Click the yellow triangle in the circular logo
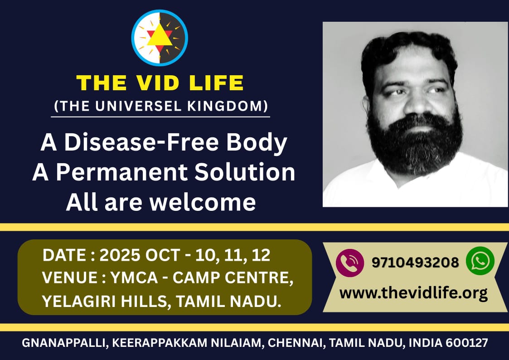tap(160, 36)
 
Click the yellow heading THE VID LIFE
tap(160, 83)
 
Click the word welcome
tap(203, 203)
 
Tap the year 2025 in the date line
tap(120, 255)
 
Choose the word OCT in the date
tap(162, 255)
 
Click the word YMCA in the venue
tap(134, 277)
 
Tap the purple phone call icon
tap(349, 263)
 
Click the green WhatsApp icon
tap(480, 261)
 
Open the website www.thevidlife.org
tap(413, 293)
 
